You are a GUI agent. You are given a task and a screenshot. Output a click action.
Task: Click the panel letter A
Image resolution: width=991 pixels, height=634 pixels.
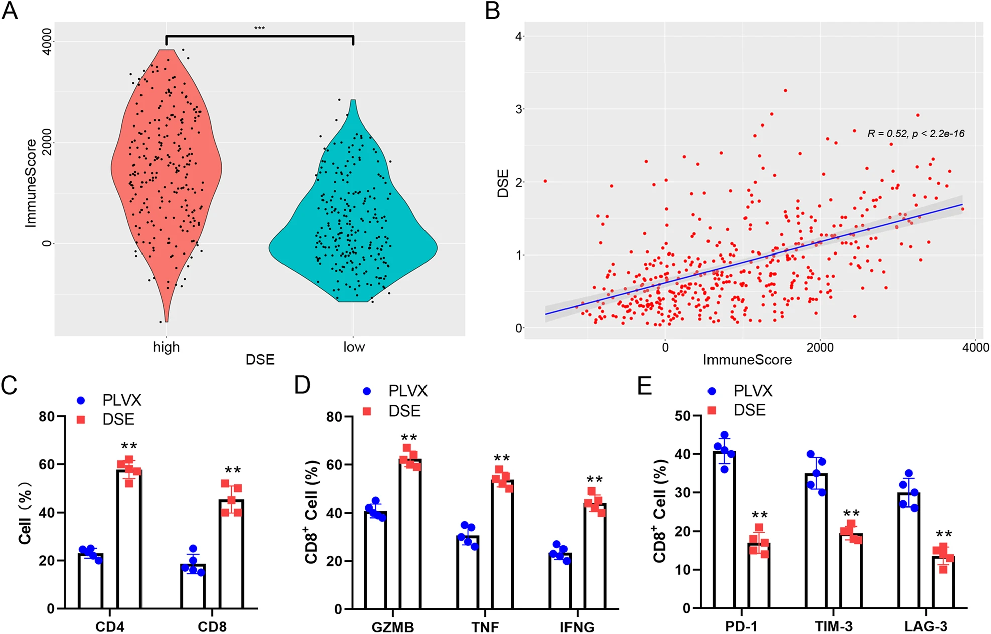point(10,11)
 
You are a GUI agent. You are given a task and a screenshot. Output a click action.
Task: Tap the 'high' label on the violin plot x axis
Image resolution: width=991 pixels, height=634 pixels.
point(166,347)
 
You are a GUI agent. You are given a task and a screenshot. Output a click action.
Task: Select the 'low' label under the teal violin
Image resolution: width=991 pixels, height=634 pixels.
point(354,347)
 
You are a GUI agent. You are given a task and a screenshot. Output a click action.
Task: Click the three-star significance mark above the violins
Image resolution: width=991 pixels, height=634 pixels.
point(259,28)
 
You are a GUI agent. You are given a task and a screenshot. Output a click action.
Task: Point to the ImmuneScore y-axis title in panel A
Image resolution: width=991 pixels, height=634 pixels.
point(31,183)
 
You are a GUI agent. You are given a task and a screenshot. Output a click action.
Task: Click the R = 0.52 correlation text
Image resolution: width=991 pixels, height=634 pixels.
point(916,134)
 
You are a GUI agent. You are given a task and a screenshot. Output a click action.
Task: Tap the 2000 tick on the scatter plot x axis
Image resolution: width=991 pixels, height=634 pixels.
point(820,347)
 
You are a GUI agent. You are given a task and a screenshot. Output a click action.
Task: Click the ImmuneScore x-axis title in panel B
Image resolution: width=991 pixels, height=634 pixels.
point(747,360)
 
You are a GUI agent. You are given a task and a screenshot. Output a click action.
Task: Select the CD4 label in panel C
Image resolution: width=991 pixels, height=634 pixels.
point(110,627)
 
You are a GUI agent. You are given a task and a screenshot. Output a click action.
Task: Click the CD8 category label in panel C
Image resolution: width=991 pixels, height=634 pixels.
point(212,627)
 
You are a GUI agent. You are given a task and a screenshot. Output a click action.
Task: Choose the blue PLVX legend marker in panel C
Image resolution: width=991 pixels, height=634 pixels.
point(81,401)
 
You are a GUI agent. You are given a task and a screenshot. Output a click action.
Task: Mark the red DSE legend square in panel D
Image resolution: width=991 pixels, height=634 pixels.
point(367,411)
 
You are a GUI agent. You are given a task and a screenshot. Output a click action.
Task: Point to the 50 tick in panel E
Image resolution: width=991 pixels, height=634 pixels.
point(682,416)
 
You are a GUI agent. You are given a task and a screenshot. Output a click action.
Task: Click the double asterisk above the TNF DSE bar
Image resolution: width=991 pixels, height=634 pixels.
point(502,459)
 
